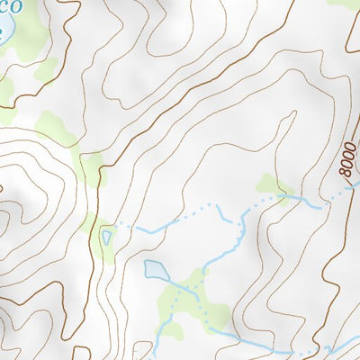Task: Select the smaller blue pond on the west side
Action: pos(108,238)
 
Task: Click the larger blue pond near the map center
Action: pos(155,270)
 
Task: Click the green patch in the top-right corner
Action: pos(346,4)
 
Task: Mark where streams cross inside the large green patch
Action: pos(193,291)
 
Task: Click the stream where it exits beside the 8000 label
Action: pos(353,185)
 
